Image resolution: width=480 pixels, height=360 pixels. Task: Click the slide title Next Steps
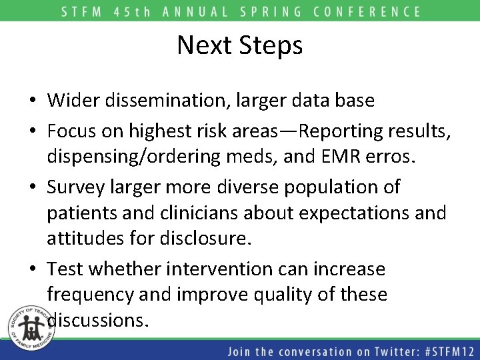(240, 45)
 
